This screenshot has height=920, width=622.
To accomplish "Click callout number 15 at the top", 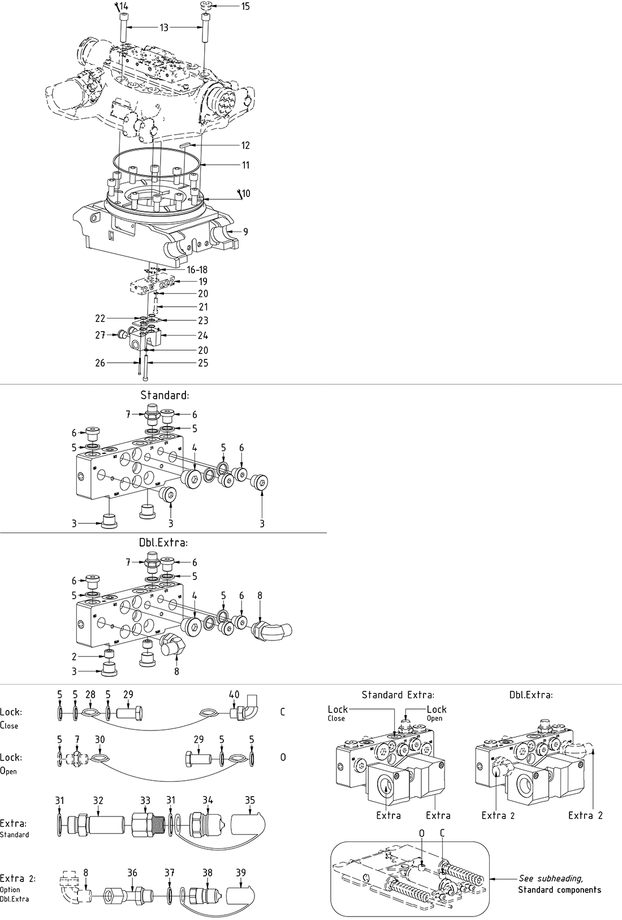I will pos(244,6).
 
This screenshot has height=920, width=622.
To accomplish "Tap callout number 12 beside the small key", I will pos(245,145).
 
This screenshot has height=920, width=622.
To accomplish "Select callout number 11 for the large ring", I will pos(245,165).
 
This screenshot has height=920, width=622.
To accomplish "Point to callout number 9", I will pos(245,231).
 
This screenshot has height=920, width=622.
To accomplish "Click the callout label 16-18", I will pos(197,269).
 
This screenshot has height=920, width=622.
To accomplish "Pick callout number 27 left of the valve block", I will pos(100,335).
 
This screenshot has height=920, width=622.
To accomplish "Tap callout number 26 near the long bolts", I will pos(100,363).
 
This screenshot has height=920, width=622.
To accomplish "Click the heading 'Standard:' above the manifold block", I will pos(165,395).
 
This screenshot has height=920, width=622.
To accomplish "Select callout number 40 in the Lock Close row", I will pos(234,694).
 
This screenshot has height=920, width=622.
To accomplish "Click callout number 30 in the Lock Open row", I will pos(100,740).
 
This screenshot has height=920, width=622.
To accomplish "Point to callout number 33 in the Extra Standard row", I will pos(145,800).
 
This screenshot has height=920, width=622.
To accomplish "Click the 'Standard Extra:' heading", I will pos(398,694).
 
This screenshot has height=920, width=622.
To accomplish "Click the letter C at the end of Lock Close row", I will pos(283,712).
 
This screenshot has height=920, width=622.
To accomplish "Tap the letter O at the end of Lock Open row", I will pos(283,757).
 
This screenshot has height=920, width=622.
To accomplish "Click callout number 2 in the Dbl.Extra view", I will pos(74,656).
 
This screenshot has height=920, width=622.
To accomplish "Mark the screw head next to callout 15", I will pos(206,6).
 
